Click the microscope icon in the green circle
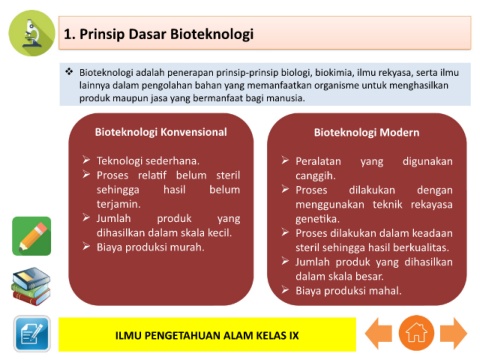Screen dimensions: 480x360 pos(32,33)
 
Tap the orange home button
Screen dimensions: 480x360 pos(416,333)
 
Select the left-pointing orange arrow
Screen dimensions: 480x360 pos(379,333)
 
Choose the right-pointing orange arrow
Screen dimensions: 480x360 pos(454,333)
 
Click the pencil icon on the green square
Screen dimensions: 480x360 pos(32,236)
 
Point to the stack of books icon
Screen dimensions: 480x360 pos(31,286)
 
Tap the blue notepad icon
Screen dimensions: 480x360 pos(32,334)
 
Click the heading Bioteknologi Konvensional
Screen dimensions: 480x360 pos(161,132)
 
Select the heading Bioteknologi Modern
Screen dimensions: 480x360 pos(367,132)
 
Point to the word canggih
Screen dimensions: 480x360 pos(315,176)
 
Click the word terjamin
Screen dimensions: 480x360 pos(119,204)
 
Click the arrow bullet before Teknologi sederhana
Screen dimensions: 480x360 pos(86,160)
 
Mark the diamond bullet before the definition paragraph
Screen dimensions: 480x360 pos(69,71)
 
